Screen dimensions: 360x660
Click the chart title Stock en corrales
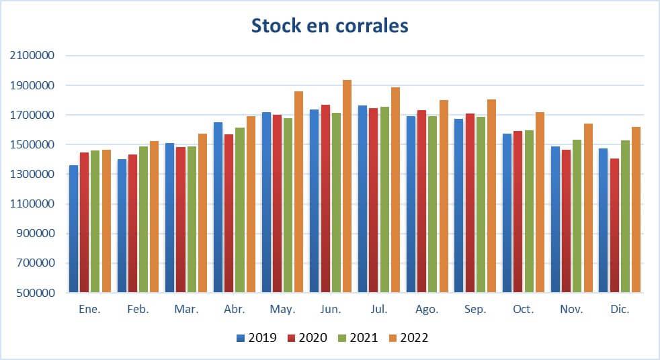pos(329,26)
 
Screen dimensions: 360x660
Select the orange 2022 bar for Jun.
pos(347,187)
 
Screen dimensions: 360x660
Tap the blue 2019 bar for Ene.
pos(73,229)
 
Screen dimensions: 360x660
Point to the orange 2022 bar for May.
pos(298,192)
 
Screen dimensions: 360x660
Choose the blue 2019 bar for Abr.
pos(218,208)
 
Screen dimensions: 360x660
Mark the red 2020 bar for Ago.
pos(421,201)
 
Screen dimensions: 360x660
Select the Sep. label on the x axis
pos(475,310)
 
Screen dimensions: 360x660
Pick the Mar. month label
pos(186,310)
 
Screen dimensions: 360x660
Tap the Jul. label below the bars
pos(379,310)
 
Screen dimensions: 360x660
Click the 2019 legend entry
pos(263,338)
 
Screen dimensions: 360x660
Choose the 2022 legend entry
pos(414,338)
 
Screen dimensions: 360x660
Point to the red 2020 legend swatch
pos(291,338)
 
